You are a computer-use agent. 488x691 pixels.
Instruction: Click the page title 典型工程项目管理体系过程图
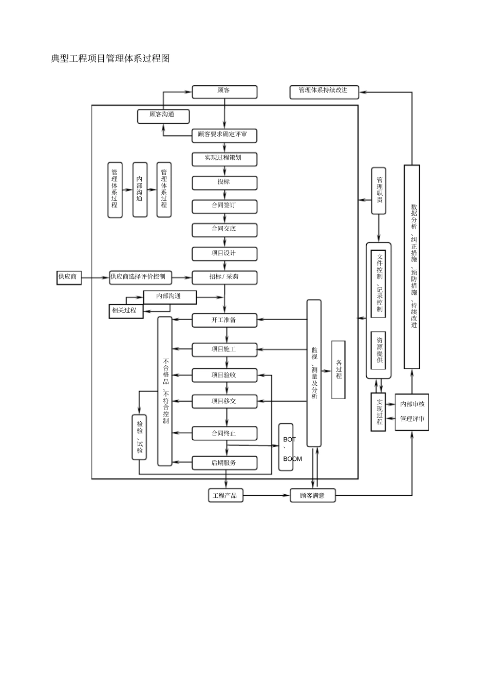110,59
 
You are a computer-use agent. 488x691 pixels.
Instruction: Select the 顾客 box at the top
224,92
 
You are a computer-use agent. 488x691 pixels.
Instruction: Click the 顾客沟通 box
163,116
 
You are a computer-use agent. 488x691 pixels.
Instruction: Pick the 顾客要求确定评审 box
224,136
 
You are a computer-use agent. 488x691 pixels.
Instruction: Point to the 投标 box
224,182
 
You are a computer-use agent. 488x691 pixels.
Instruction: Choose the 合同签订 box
224,206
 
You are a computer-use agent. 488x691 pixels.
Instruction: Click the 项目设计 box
224,254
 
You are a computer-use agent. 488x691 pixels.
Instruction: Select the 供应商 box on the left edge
68,277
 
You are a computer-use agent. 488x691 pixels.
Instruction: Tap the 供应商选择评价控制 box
140,277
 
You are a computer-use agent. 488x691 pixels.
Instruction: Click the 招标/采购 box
224,277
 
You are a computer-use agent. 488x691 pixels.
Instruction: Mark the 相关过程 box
125,311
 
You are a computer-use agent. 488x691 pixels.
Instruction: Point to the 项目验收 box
224,376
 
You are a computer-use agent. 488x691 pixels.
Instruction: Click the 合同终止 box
224,434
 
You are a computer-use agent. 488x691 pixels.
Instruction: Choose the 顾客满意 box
312,496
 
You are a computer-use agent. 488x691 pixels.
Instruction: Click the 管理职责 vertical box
379,191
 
